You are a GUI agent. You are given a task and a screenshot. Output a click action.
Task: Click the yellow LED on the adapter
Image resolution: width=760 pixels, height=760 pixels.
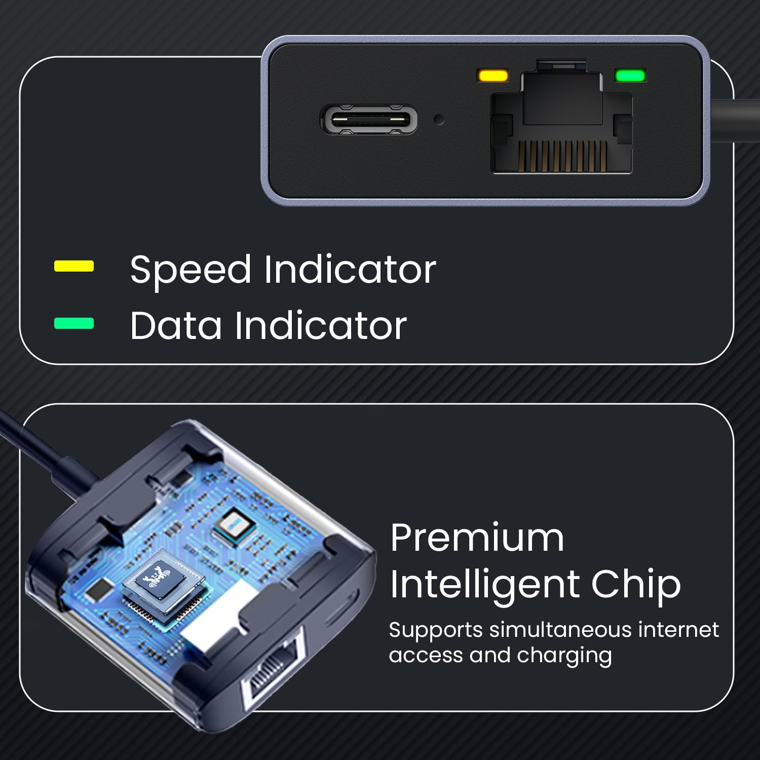[493, 75]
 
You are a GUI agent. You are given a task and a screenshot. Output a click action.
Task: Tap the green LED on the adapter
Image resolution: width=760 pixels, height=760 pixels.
[630, 75]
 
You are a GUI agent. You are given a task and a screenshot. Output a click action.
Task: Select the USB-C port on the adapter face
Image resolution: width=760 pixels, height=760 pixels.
[369, 120]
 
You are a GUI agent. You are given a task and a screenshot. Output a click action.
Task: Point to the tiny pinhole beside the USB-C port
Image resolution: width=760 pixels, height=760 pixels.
[439, 120]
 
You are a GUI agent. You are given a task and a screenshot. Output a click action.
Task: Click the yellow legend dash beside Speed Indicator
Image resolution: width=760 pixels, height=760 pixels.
[74, 266]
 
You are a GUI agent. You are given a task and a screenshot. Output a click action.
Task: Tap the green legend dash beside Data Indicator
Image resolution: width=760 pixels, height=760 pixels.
[74, 323]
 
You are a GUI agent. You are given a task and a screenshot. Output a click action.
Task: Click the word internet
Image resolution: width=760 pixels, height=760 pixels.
[678, 630]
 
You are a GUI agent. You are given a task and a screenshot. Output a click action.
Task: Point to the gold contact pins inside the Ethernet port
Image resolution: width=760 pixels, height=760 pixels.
[563, 155]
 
